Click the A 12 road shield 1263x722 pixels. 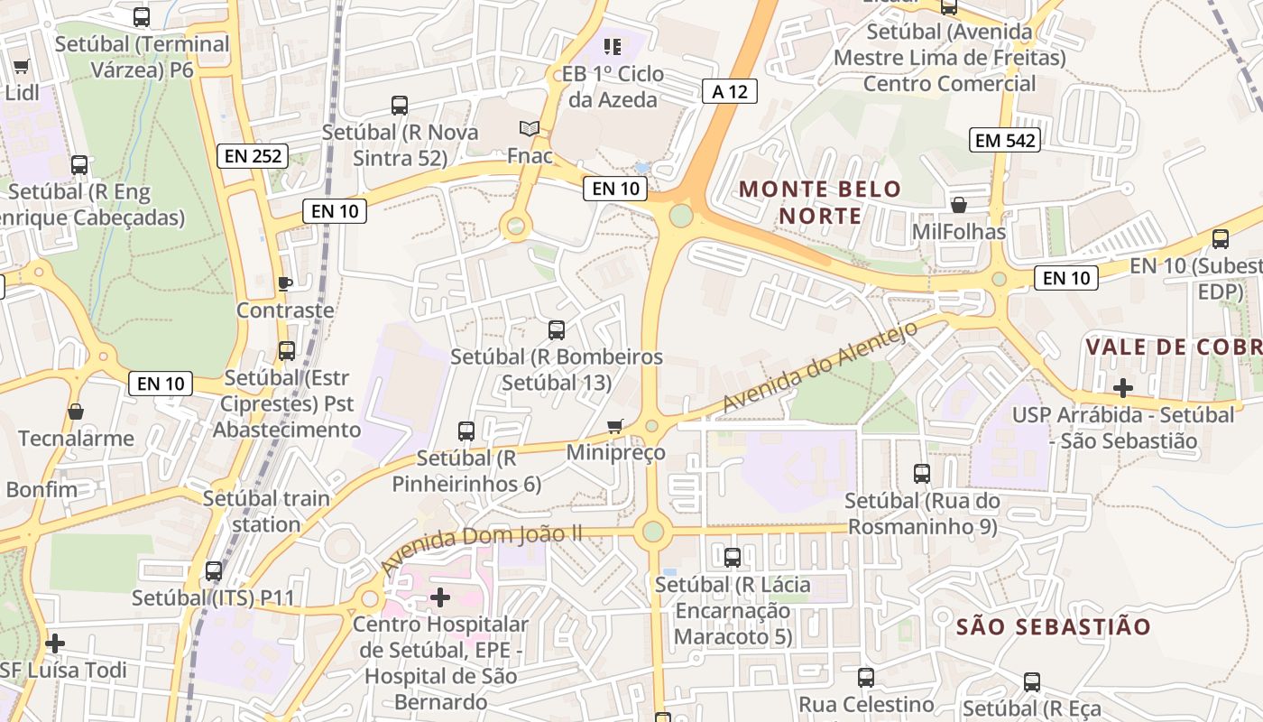[x=729, y=90]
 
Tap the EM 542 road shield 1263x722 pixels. [x=1006, y=140]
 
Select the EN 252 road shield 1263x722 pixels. [x=254, y=156]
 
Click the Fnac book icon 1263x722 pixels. [x=530, y=129]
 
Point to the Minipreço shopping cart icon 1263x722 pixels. [x=615, y=426]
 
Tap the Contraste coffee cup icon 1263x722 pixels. [x=285, y=283]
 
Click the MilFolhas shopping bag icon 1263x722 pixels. [x=958, y=205]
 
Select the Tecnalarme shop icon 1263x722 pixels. [x=76, y=412]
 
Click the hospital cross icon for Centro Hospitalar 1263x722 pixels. [x=440, y=597]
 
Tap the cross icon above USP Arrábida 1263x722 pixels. [x=1123, y=388]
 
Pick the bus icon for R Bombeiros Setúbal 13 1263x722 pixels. [x=557, y=330]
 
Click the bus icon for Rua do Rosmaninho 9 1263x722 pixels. [x=922, y=473]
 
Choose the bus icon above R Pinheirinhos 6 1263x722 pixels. [x=466, y=431]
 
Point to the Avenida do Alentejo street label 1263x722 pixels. [x=820, y=367]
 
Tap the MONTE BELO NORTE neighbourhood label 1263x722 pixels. [x=820, y=202]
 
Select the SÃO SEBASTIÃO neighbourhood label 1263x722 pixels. [x=1053, y=626]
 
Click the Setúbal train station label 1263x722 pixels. [x=266, y=511]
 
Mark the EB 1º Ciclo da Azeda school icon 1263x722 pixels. [x=613, y=46]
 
